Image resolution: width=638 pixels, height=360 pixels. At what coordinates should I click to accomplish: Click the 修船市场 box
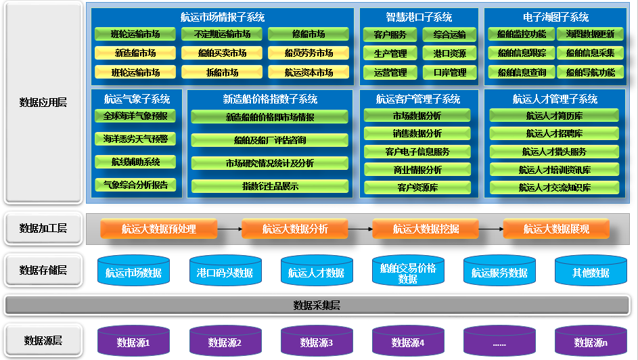pyautogui.click(x=308, y=35)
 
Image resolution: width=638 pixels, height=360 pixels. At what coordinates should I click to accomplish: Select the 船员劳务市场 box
pyautogui.click(x=308, y=53)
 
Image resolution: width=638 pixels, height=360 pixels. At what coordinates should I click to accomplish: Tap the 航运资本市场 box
pyautogui.click(x=308, y=72)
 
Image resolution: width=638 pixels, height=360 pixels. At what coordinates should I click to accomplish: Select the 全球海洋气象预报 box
pyautogui.click(x=135, y=116)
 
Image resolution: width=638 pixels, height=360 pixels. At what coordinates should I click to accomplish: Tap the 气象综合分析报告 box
pyautogui.click(x=135, y=184)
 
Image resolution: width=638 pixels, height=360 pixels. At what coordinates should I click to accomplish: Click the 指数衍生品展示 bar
pyautogui.click(x=270, y=186)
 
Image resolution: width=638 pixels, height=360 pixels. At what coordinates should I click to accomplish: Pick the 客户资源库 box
pyautogui.click(x=417, y=187)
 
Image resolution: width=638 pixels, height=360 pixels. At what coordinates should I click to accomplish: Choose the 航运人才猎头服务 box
pyautogui.click(x=554, y=152)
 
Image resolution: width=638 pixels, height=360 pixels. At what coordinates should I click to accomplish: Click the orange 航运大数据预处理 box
pyautogui.click(x=158, y=229)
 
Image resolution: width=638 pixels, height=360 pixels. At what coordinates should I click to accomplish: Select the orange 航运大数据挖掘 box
pyautogui.click(x=426, y=229)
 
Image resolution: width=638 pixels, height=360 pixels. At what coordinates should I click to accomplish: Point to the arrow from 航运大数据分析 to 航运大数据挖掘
pyautogui.click(x=359, y=229)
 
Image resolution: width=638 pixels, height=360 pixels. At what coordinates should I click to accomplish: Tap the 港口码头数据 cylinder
pyautogui.click(x=225, y=271)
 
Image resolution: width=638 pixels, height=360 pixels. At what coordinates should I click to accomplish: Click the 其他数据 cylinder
pyautogui.click(x=590, y=271)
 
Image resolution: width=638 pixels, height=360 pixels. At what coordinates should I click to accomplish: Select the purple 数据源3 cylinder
pyautogui.click(x=316, y=342)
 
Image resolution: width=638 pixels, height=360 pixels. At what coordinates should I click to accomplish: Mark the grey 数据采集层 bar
pyautogui.click(x=317, y=305)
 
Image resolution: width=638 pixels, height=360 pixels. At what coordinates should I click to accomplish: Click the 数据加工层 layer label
pyautogui.click(x=43, y=229)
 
